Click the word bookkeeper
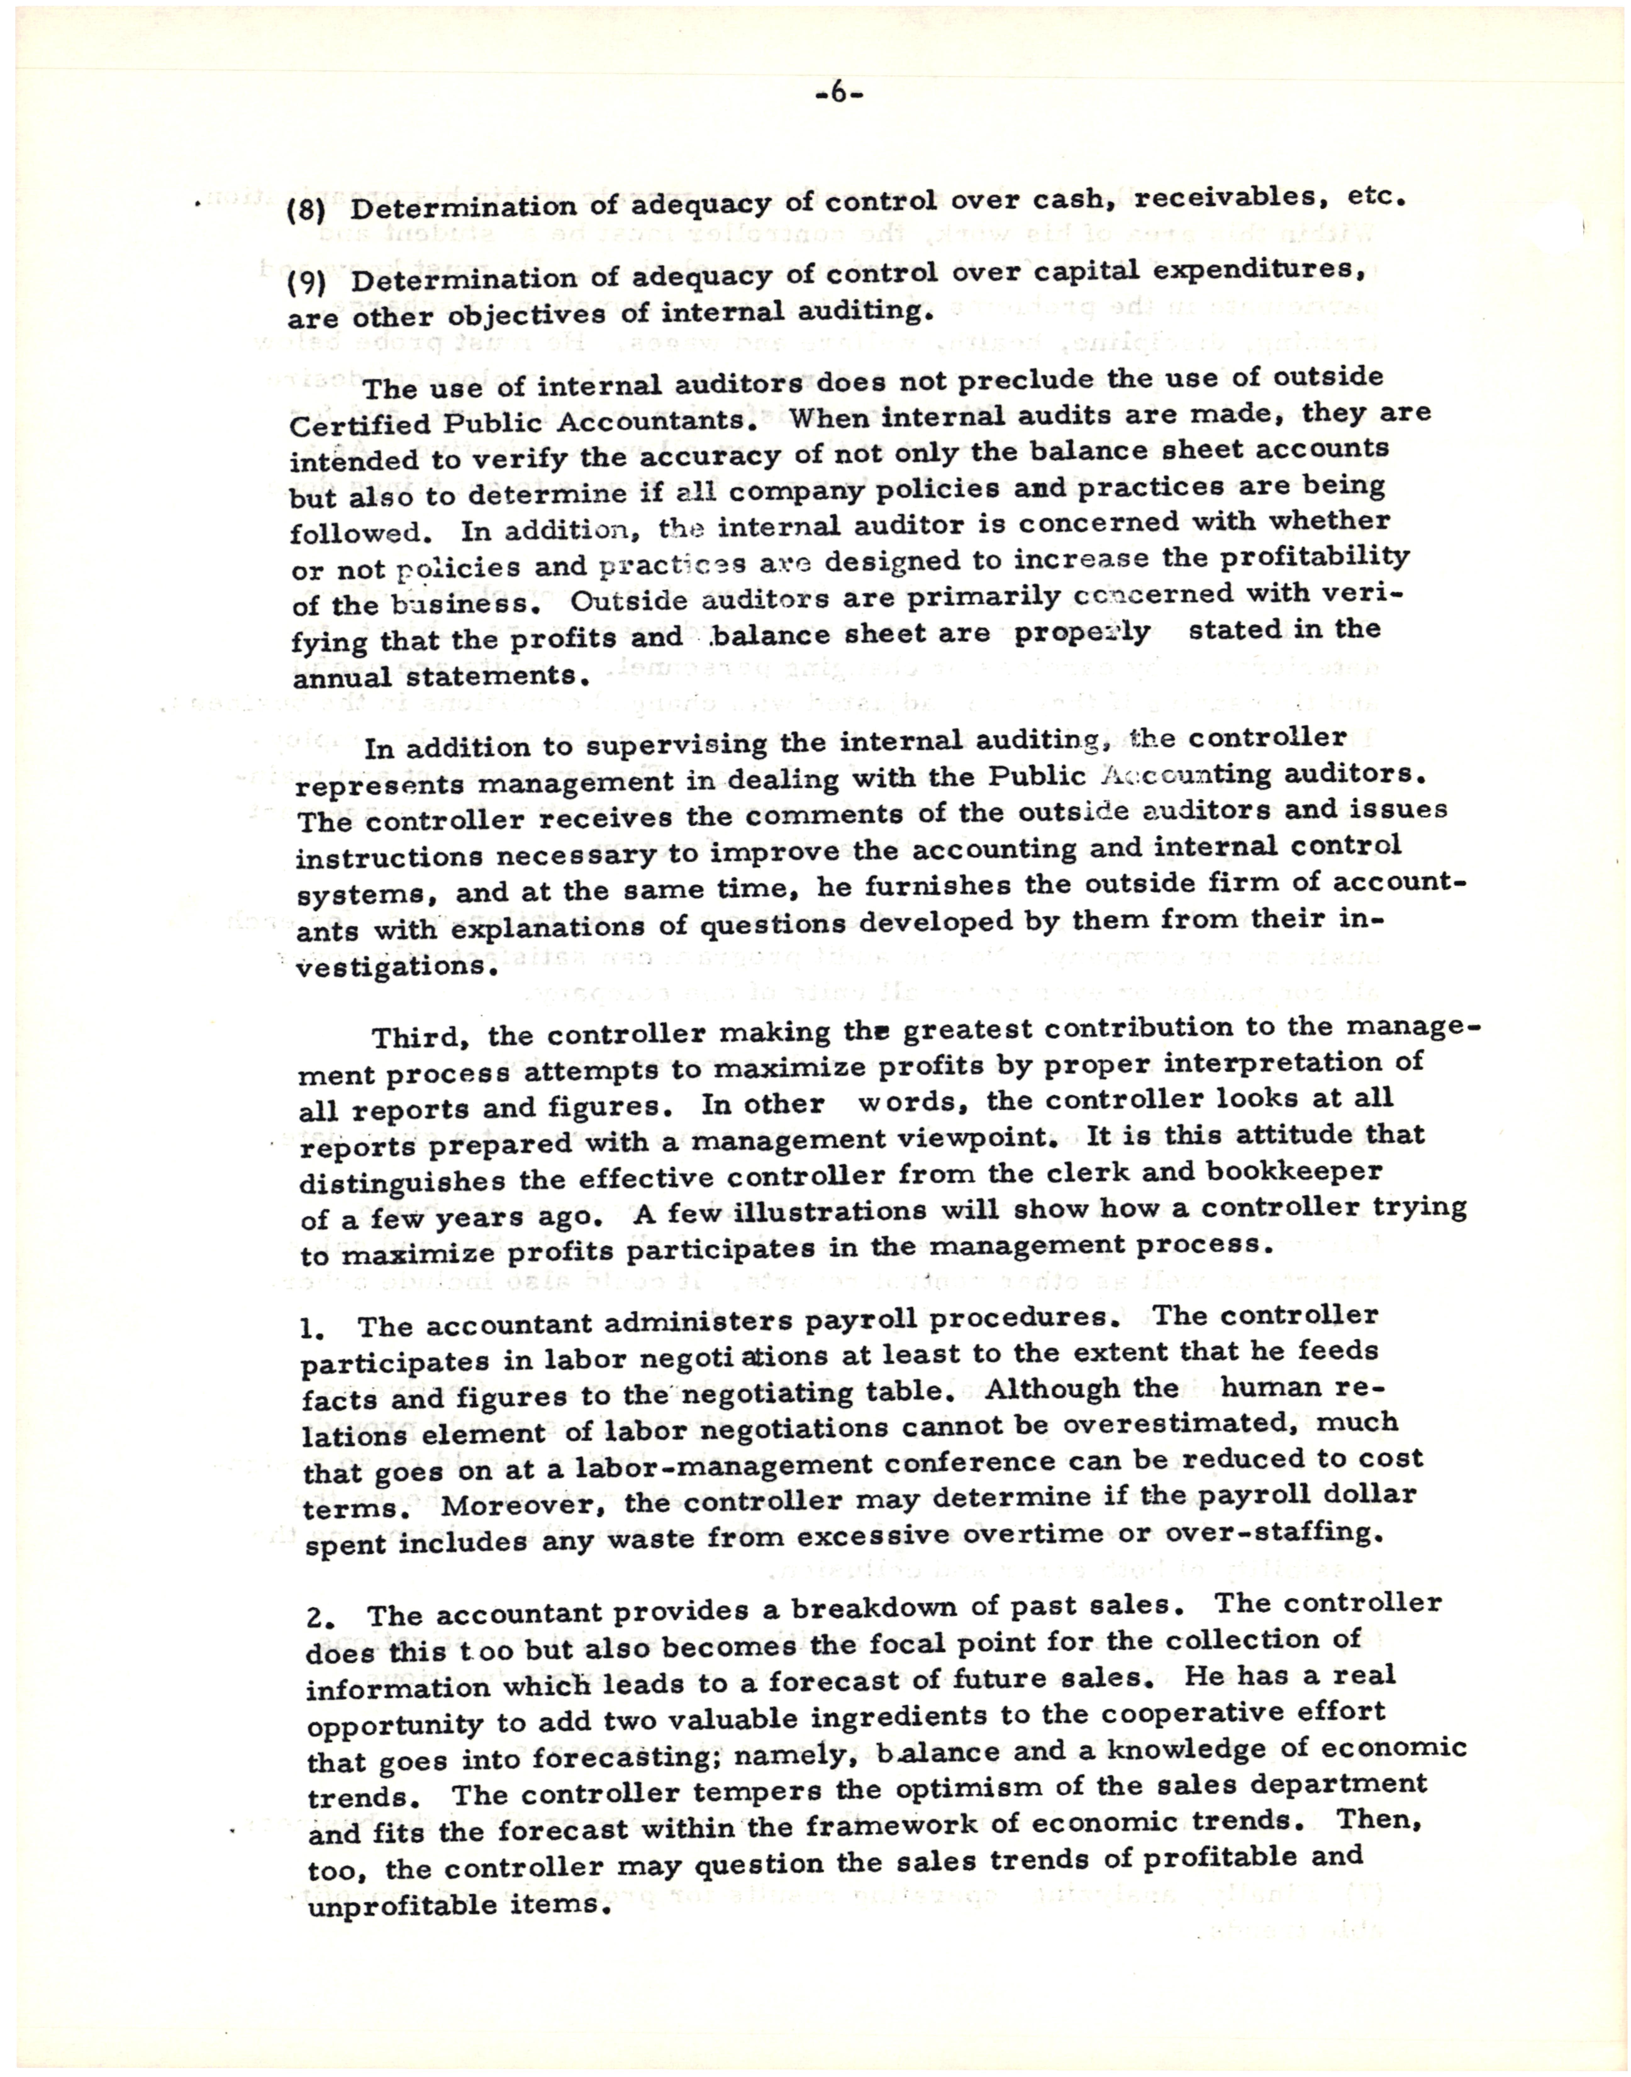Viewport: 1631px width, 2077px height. (x=1295, y=1171)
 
